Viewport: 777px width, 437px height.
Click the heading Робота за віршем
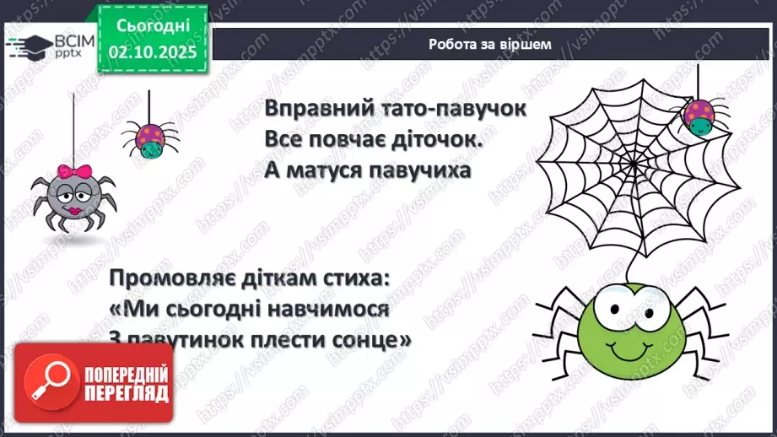pyautogui.click(x=489, y=45)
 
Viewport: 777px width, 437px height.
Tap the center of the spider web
pyautogui.click(x=624, y=160)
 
